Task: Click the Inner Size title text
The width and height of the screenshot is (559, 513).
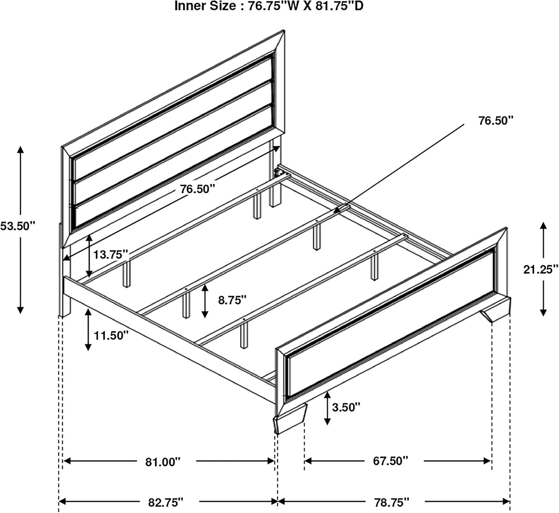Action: click(269, 6)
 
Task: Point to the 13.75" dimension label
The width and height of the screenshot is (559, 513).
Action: click(110, 254)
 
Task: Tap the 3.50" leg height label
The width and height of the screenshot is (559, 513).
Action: click(346, 407)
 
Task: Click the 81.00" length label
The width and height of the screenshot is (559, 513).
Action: click(163, 462)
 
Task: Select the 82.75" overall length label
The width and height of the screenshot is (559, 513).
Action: click(166, 503)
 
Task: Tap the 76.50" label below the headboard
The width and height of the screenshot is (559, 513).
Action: click(198, 189)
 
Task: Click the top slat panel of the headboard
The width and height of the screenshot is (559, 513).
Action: click(173, 117)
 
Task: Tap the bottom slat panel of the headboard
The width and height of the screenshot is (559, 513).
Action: click(173, 168)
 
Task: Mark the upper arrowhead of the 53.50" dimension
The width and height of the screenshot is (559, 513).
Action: click(20, 150)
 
